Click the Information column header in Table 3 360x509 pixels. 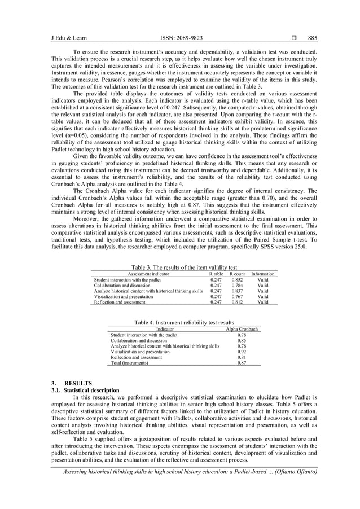(x=262, y=274)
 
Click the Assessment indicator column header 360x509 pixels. (x=148, y=274)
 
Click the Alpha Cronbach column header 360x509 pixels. (x=242, y=329)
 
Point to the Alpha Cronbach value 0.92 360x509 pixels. (x=242, y=352)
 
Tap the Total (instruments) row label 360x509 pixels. (x=130, y=363)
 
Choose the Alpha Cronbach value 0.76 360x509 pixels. (x=242, y=346)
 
